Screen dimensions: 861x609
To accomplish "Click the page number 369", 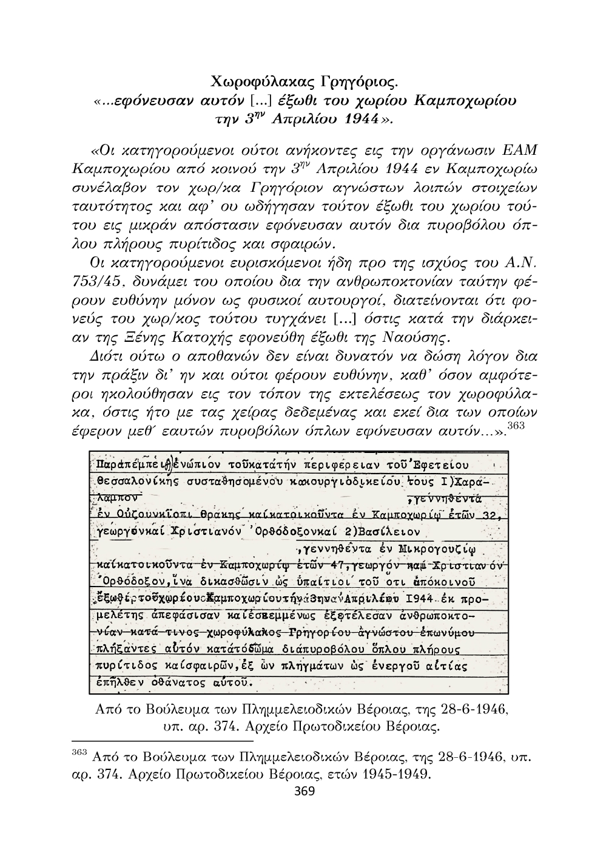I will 304,791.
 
